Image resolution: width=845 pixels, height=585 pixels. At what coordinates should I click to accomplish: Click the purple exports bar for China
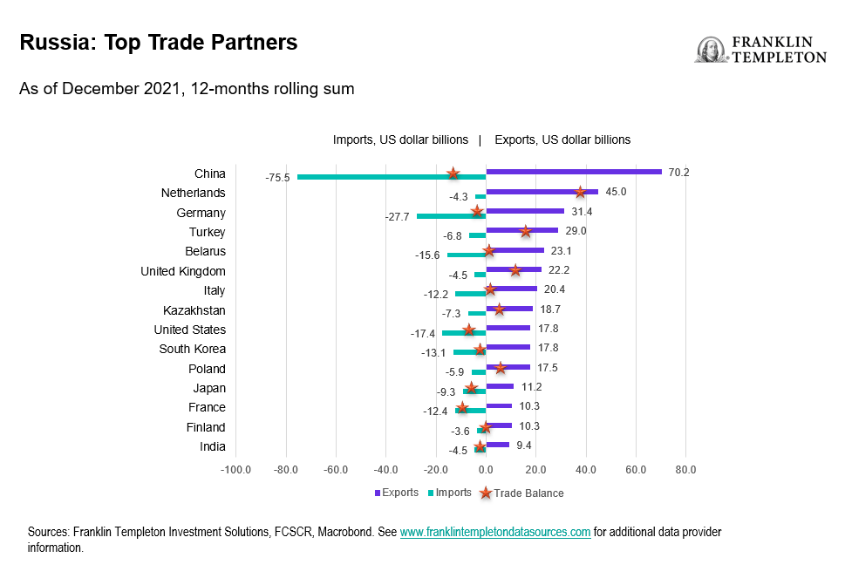[574, 172]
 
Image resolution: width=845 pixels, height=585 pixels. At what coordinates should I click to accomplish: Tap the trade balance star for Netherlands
[580, 192]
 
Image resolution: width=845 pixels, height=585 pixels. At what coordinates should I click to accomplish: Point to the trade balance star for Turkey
[525, 231]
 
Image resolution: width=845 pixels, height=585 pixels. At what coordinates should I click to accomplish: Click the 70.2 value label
[678, 173]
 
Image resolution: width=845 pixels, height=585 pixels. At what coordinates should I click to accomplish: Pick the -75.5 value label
[277, 178]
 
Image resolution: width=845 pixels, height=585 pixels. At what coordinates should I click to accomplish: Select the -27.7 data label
[397, 217]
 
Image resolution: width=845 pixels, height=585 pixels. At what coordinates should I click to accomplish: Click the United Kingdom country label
[183, 271]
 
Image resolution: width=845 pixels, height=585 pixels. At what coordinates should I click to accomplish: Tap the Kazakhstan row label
[194, 310]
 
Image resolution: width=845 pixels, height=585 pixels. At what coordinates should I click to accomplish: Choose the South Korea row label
[192, 349]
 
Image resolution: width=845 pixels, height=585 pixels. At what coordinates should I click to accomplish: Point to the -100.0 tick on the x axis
[235, 470]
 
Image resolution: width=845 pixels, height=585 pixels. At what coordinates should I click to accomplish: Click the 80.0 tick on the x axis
[685, 470]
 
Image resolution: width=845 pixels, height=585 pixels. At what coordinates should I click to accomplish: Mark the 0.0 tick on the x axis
[486, 470]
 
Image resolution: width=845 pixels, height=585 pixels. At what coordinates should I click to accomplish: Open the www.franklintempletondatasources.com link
[495, 532]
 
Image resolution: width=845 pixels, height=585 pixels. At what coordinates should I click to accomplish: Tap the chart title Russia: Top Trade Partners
[159, 42]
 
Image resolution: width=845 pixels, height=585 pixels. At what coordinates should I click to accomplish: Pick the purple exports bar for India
[497, 445]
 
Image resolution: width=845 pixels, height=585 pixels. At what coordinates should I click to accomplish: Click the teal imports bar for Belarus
[466, 255]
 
